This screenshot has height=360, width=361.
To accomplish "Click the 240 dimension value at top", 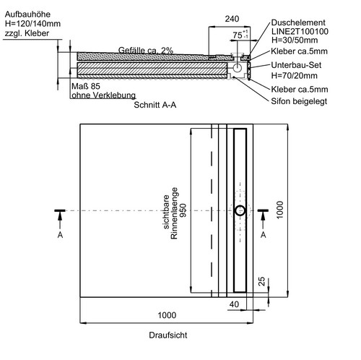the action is click(x=232, y=19).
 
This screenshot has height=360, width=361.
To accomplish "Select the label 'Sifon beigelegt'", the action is click(x=299, y=101).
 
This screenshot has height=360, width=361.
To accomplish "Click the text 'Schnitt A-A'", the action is click(x=155, y=105).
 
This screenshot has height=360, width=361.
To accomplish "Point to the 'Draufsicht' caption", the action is click(x=168, y=335).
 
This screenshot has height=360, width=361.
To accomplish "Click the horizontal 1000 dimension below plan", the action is click(x=167, y=315).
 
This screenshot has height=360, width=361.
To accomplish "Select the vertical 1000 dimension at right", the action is click(x=280, y=210).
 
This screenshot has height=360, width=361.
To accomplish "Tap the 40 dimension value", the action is click(x=234, y=304).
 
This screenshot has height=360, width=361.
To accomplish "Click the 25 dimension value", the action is click(x=261, y=281).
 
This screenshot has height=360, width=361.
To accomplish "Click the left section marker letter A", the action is click(x=60, y=235).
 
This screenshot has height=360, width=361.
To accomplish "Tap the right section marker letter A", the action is click(x=264, y=235).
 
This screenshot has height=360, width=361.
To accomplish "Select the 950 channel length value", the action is click(x=183, y=210).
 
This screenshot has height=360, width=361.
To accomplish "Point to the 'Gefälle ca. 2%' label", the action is click(x=146, y=51).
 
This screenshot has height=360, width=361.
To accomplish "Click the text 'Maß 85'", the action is click(x=86, y=86).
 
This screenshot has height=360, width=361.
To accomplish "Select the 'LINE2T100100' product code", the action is click(x=300, y=31).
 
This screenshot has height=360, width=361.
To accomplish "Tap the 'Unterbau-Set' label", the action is click(x=296, y=65).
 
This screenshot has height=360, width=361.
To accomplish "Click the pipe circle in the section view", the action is click(x=238, y=68).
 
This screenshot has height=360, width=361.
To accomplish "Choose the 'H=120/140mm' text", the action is click(x=32, y=24).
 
